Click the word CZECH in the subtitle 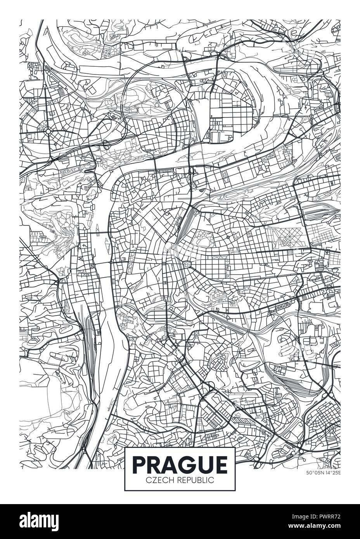point(157,480)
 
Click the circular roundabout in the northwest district point(48,131)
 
